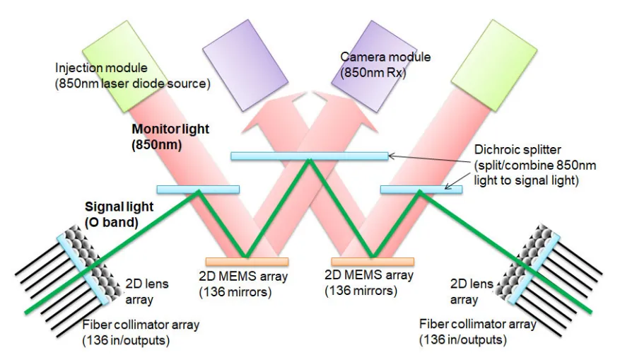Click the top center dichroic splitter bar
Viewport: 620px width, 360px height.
pyautogui.click(x=310, y=156)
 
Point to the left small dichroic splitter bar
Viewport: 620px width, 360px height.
pyautogui.click(x=197, y=189)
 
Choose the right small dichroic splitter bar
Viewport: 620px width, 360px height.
pyautogui.click(x=421, y=189)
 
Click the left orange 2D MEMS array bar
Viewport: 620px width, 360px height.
pyautogui.click(x=247, y=262)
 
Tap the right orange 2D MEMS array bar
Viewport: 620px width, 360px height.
pyautogui.click(x=373, y=262)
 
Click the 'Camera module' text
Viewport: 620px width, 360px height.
pyautogui.click(x=385, y=57)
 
